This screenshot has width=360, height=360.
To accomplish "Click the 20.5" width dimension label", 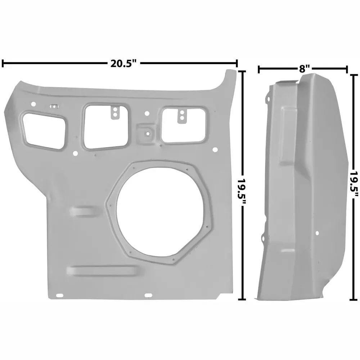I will pos(124,64).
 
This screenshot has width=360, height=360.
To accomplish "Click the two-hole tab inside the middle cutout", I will pos(114,112).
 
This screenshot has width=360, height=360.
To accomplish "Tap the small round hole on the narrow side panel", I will pos(317,233).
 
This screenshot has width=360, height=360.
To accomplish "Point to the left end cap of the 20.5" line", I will pos(3,64).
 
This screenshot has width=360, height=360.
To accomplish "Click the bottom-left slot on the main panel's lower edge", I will pos(59,296).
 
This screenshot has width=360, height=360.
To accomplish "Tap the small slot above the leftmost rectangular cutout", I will pos(54,106).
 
